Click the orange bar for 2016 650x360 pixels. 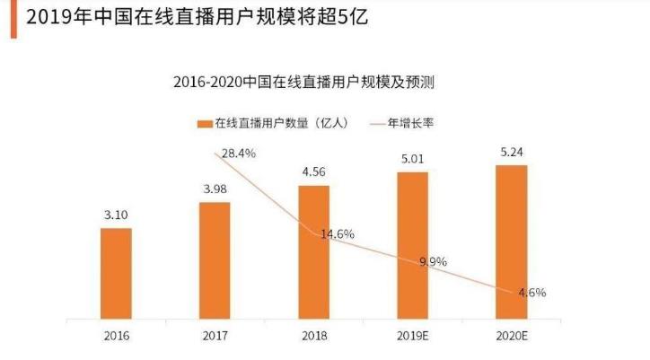pos(116,273)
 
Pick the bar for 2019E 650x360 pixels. pos(412,245)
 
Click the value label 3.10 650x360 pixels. pos(116,216)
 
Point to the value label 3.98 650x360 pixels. pos(215,189)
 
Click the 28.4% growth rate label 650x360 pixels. pos(237,154)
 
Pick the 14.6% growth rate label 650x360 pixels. pos(336,234)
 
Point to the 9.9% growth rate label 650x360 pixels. pos(434,261)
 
